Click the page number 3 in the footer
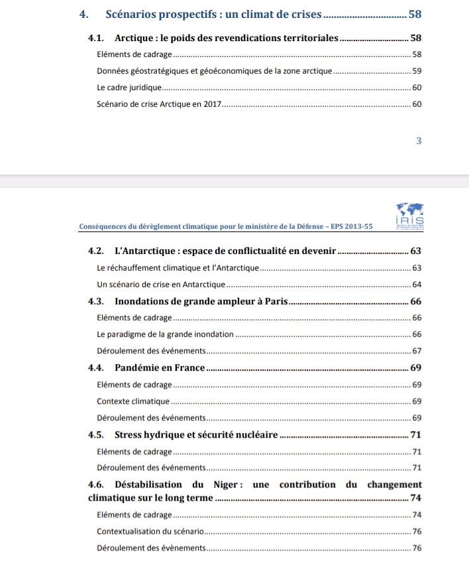pyautogui.click(x=419, y=141)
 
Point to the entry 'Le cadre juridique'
pyautogui.click(x=129, y=88)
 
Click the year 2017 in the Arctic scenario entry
pyautogui.click(x=210, y=104)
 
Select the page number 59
pyautogui.click(x=417, y=71)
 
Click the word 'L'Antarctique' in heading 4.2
pyautogui.click(x=142, y=251)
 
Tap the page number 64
pyautogui.click(x=417, y=284)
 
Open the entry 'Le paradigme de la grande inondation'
pyautogui.click(x=165, y=334)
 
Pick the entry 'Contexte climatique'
pyautogui.click(x=133, y=401)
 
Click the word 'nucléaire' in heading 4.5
pyautogui.click(x=254, y=435)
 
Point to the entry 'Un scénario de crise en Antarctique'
pyautogui.click(x=161, y=284)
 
